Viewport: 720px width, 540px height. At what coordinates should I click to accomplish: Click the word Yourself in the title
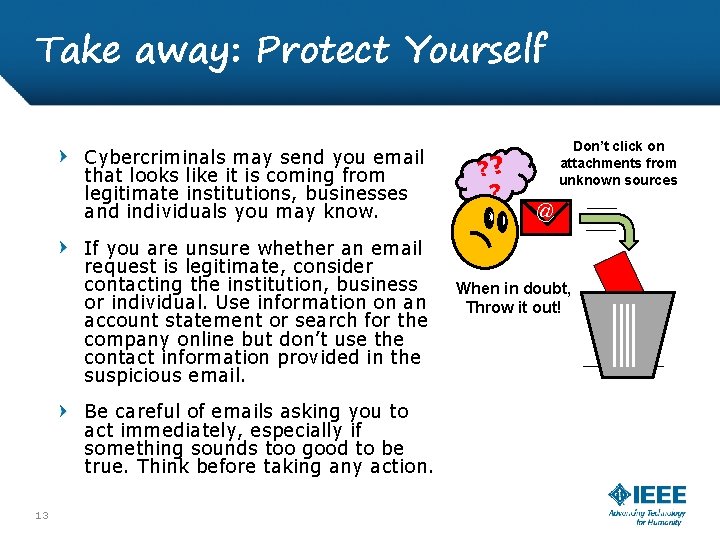tap(476, 49)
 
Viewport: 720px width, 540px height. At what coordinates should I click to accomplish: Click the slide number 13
tap(41, 515)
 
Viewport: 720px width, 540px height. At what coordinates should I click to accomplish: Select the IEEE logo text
tap(658, 494)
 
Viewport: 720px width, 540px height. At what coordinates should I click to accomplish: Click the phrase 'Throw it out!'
tap(514, 307)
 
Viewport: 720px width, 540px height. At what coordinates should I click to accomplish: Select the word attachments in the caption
tap(618, 163)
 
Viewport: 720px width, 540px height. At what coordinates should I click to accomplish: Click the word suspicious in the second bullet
tap(133, 376)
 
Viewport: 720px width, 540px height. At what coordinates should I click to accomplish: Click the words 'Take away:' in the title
tap(137, 49)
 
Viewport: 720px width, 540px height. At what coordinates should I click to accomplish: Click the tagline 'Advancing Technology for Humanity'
tap(648, 516)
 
